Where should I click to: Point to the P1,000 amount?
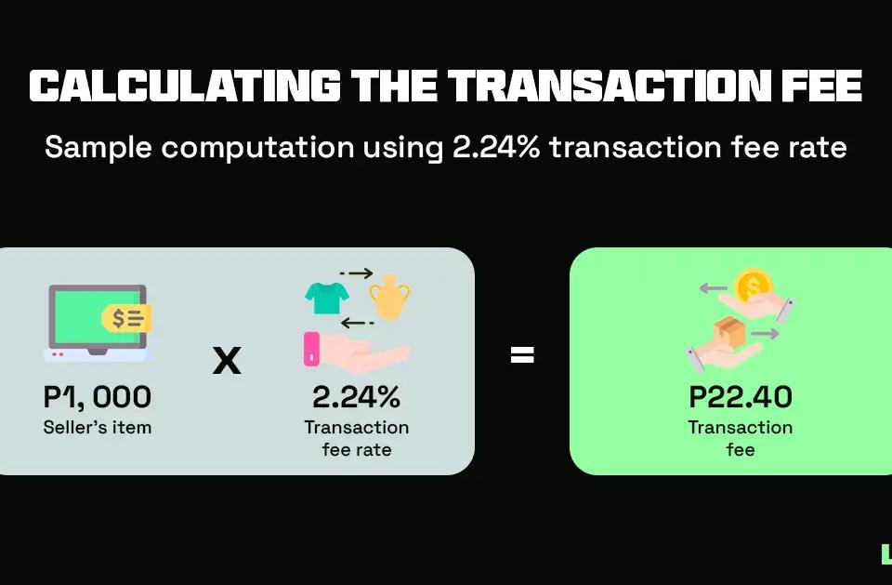click(97, 397)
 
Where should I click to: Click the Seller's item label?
click(97, 428)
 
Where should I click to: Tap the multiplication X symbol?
click(227, 359)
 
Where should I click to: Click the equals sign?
click(522, 354)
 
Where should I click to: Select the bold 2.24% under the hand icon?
click(356, 397)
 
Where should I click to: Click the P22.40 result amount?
click(741, 397)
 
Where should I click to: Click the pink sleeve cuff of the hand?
click(312, 348)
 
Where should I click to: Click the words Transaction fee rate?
click(356, 438)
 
